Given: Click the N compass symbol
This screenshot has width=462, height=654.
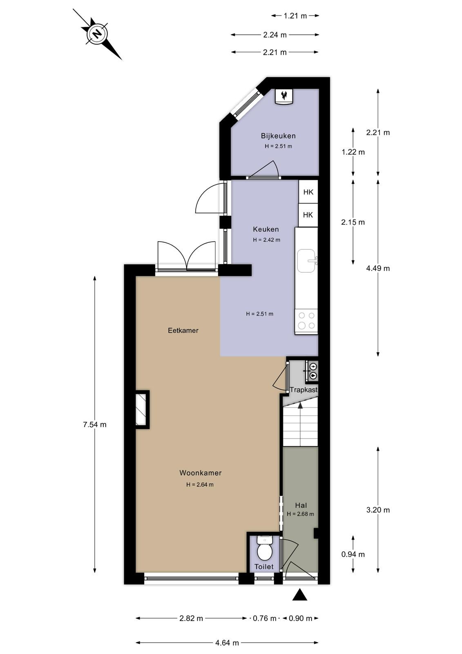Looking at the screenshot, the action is pos(97,34).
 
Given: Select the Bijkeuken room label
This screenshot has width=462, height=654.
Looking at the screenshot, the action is pos(278,136).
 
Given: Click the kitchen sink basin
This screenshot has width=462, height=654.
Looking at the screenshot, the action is pos(306,261).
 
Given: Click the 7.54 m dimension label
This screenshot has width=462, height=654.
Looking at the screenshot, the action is pos(94,425).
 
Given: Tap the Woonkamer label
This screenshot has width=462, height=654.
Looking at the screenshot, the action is pos(201,473).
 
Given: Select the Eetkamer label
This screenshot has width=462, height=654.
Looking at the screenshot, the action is pos(183,331).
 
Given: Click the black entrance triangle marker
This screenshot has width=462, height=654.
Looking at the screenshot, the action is pos(300,594).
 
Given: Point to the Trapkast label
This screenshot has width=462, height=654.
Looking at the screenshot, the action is pos(304,390).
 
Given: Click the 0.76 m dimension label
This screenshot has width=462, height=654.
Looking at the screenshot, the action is pos(264,618).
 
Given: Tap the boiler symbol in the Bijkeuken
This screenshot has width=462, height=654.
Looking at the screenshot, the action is pos(284,96).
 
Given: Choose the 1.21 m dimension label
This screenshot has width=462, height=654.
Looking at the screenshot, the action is pos(295,16).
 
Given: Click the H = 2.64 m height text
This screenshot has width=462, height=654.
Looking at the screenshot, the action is pos(200,485).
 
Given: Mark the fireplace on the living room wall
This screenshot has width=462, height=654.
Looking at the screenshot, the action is pos(142,409).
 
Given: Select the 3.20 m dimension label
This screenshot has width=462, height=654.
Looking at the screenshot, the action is pos(378,510).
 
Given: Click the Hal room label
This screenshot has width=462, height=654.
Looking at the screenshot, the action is pos(301,505).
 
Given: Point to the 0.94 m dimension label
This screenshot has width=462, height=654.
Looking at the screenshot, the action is pos(353,554).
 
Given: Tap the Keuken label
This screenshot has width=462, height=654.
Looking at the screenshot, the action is pos(266,229).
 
